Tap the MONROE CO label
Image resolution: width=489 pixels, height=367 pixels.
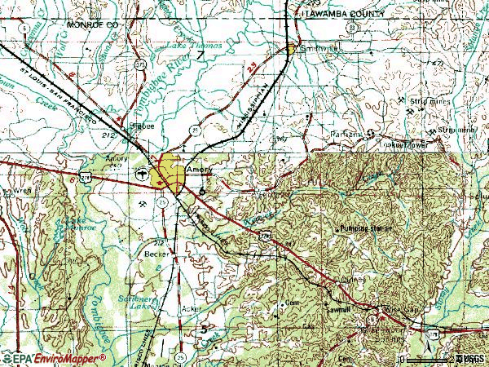point(88,26)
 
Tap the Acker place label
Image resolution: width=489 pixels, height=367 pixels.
point(190,310)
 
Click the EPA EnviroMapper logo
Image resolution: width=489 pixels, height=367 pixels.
point(54,358)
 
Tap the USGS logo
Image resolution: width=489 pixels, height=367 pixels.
point(471,358)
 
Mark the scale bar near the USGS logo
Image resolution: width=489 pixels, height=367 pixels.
point(427,358)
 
